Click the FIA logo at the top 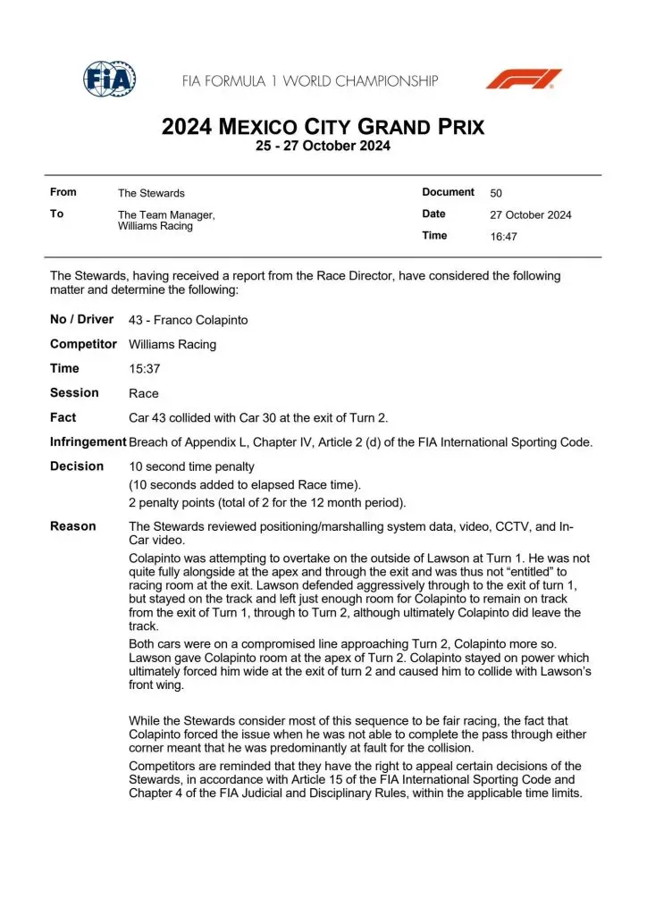coord(109,80)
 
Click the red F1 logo coord(524,79)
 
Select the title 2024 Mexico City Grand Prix coord(323,127)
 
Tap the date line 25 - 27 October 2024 coord(323,147)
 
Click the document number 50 coord(496,193)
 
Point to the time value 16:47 coord(503,237)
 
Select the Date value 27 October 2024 coord(531,214)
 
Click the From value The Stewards coord(151,193)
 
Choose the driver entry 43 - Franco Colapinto coord(189,320)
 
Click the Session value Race coord(144,393)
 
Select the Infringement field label coord(88,441)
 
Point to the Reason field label coord(73,526)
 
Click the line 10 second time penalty coord(192,466)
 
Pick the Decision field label coord(77,466)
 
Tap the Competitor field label coord(83,344)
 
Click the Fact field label coord(63,417)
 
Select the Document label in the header coord(448,192)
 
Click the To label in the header coord(57,214)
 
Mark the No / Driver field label coord(82,319)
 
